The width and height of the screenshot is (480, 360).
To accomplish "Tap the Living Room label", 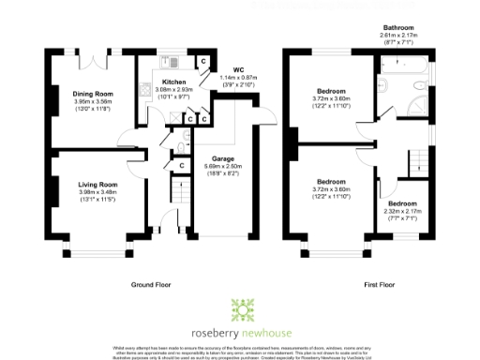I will click(97, 185).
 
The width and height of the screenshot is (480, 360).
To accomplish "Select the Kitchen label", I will click(174, 83).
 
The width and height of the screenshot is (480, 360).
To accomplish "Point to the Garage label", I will click(221, 159).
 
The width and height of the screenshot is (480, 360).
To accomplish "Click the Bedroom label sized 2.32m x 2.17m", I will click(403, 202).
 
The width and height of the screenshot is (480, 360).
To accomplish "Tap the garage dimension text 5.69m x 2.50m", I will click(221, 167).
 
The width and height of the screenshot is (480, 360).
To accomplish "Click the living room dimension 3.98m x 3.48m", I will click(97, 192).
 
